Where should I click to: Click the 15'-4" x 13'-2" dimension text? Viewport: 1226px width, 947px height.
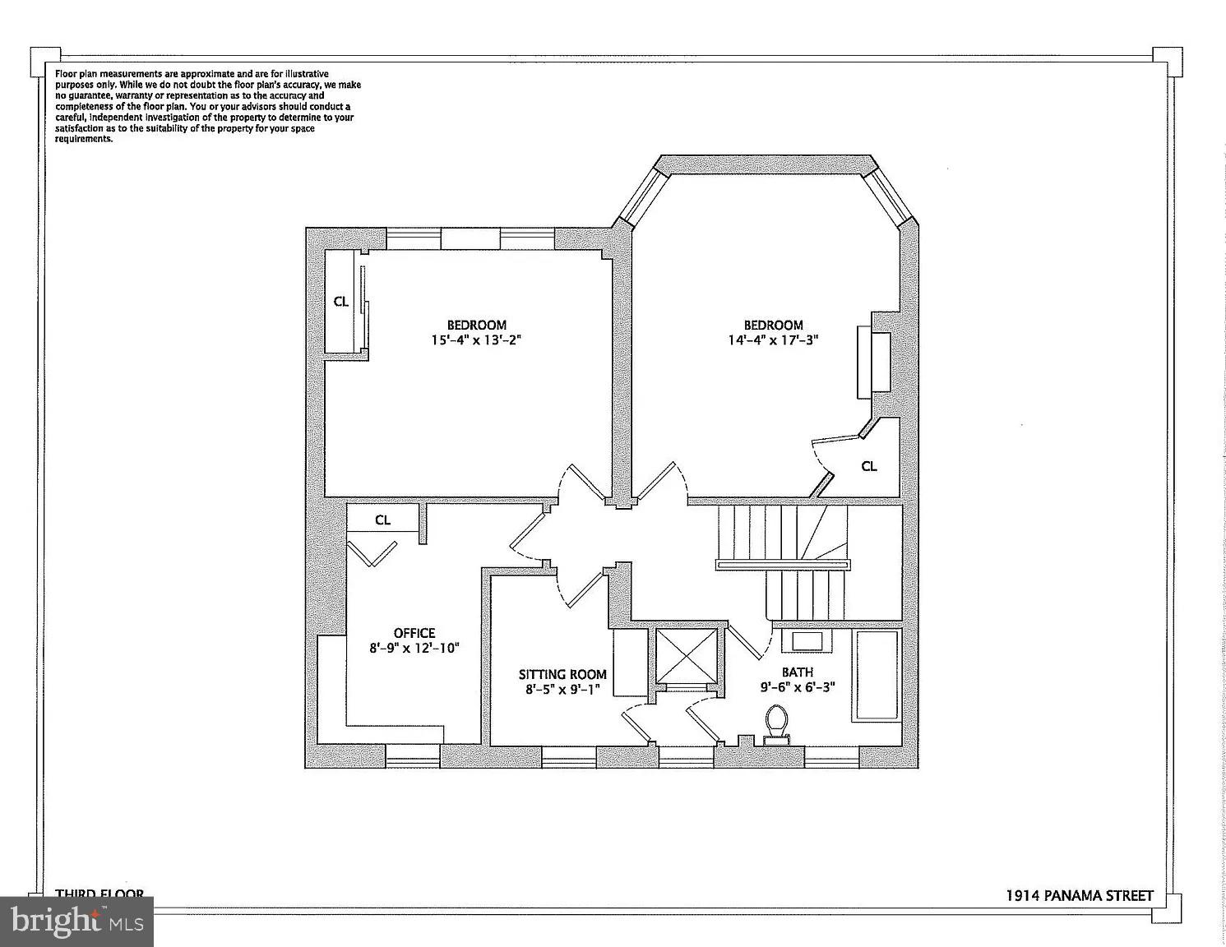click(476, 340)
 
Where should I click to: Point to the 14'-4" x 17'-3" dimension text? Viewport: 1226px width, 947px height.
click(774, 340)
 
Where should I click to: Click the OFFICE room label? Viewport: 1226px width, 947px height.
click(414, 633)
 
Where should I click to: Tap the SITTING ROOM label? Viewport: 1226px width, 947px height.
click(562, 674)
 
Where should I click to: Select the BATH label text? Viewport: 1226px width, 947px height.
click(797, 672)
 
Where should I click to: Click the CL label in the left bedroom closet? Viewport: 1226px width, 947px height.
click(340, 302)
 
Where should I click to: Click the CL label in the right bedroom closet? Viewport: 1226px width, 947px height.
click(869, 466)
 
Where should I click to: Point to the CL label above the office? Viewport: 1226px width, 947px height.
click(382, 520)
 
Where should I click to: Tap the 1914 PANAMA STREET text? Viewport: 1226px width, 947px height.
click(1080, 895)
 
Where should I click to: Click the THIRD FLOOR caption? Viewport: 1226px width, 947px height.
click(99, 894)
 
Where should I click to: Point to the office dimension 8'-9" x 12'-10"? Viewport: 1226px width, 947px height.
click(414, 648)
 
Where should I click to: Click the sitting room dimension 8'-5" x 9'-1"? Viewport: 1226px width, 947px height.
click(563, 689)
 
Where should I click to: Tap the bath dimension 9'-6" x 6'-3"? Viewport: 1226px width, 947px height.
click(797, 686)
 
